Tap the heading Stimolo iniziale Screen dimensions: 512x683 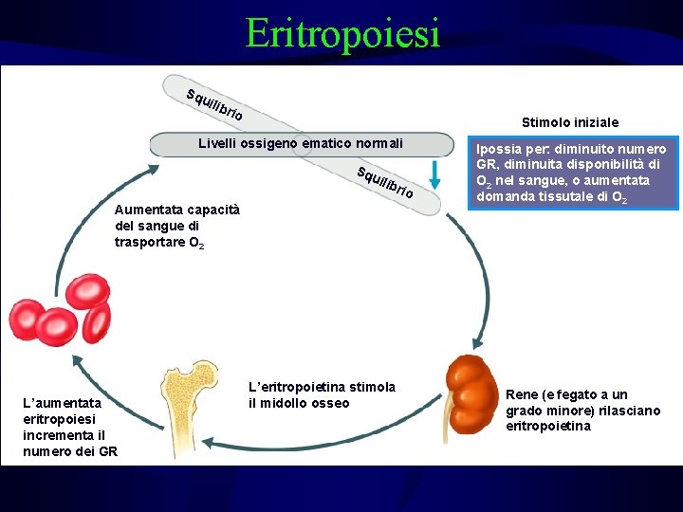coord(570,122)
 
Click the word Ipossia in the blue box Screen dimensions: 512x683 coord(498,150)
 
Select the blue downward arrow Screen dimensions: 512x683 coord(434,174)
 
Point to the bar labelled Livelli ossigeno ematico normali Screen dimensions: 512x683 coord(300,144)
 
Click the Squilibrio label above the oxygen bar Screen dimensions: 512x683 coord(215,104)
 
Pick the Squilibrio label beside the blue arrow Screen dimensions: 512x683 coord(384,183)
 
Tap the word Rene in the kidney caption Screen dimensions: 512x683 coord(522,394)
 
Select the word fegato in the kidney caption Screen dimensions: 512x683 coord(579,394)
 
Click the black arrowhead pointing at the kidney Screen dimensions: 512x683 coord(478,345)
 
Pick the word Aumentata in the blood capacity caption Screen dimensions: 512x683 coord(147,210)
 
